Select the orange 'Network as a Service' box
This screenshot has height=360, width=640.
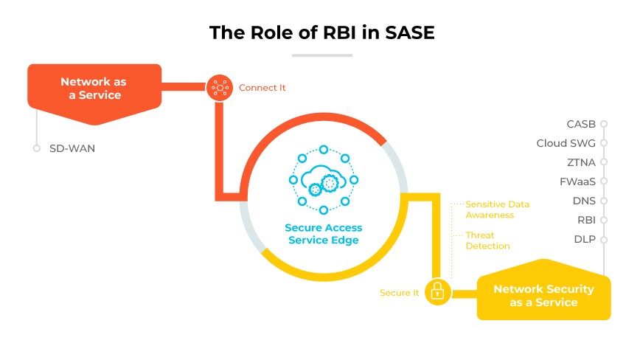coord(94,89)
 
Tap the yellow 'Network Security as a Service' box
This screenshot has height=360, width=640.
coord(543,295)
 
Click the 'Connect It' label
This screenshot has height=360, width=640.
coord(262,88)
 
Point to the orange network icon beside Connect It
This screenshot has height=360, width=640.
coord(219,88)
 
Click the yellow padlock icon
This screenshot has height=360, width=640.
coord(437,292)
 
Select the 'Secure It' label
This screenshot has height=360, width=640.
coord(399,293)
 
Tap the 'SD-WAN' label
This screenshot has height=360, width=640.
coord(72,148)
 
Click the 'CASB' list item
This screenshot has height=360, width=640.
coord(581,124)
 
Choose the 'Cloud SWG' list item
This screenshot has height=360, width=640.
coord(571,143)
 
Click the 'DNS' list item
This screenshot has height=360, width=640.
coord(584,201)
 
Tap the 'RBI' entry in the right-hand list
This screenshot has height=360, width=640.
coord(585,220)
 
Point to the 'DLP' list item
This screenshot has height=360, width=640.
coord(585,239)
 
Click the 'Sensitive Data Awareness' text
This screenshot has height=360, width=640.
coord(497,209)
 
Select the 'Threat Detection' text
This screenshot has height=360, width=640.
coord(487,240)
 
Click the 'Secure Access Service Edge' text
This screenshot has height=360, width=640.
coord(323,233)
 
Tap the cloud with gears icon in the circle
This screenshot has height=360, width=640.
coord(323,180)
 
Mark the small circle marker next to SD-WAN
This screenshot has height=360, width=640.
coord(36,148)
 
